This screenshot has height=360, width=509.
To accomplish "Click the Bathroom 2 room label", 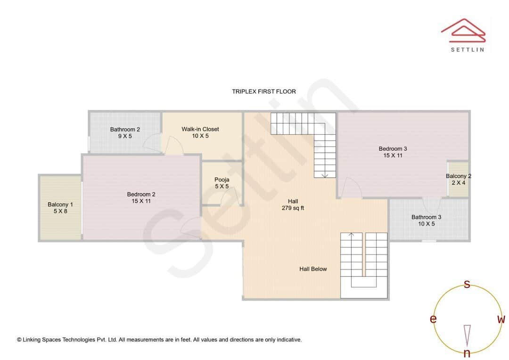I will [125, 130].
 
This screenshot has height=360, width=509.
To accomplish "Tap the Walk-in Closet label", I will [200, 129].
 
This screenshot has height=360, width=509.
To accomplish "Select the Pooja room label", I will [222, 180].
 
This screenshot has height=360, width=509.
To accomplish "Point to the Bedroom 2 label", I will [141, 194].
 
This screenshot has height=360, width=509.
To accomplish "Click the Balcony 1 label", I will [60, 205].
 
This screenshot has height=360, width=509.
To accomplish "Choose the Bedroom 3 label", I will [393, 149].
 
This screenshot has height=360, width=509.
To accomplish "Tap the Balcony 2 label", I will [458, 176].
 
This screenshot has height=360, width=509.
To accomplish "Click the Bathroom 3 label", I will [426, 217].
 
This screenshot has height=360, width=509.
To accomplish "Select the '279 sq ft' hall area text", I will [293, 208].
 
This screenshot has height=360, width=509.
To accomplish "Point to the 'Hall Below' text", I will [313, 269].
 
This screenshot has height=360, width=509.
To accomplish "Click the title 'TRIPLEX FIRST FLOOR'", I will [264, 91].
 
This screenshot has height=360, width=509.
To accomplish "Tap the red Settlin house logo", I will [463, 30].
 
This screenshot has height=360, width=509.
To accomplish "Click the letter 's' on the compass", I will [467, 284].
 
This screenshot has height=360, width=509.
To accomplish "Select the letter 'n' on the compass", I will [467, 353].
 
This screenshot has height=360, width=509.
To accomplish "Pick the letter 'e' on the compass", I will [433, 319].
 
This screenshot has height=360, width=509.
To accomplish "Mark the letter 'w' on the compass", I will [501, 319].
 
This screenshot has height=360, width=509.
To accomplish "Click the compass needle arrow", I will [467, 335].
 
